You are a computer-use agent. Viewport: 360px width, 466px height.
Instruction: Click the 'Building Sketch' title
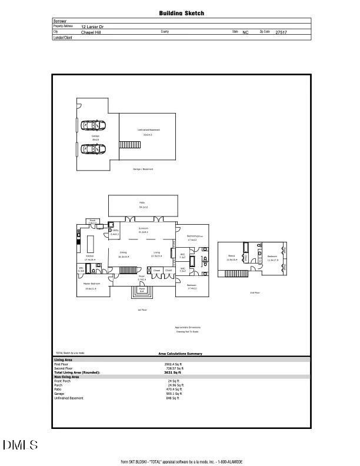pos(182,13)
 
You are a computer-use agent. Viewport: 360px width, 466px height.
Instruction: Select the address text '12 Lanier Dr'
pos(92,26)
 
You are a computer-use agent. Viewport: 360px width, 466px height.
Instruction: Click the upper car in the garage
pos(92,125)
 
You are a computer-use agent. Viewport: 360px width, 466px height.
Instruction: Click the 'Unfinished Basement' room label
pos(148,130)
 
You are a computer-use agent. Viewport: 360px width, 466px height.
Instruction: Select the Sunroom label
pos(143,228)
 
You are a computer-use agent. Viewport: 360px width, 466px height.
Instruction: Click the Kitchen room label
pos(90,256)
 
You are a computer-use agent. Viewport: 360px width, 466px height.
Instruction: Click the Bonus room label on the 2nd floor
pos(232,256)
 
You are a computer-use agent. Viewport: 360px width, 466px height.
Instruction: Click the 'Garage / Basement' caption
pos(142,169)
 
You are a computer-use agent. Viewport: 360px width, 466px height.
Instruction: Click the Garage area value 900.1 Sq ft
pos(174,394)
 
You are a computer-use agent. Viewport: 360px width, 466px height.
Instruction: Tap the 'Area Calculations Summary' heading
pos(180,354)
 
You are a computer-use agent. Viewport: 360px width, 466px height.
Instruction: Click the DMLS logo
pos(20,445)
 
